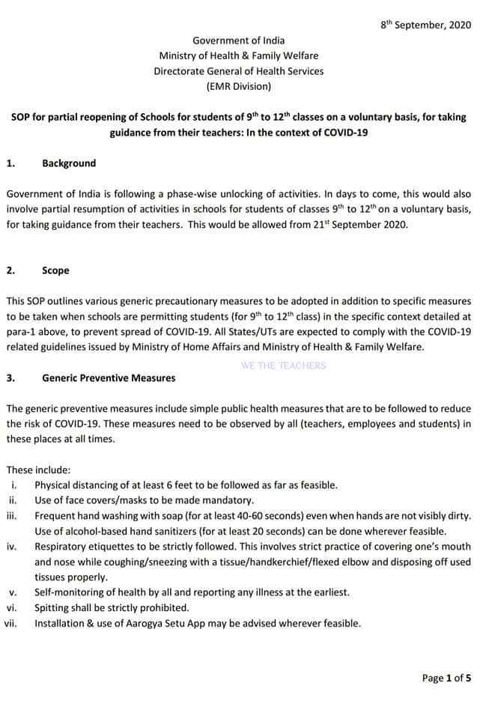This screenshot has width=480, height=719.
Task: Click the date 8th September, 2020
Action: click(425, 24)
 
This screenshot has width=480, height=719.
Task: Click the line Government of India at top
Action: click(239, 40)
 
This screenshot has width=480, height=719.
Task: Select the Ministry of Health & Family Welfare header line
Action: click(239, 55)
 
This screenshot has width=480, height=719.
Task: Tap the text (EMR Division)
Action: click(239, 86)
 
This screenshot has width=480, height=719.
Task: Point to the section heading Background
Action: click(69, 163)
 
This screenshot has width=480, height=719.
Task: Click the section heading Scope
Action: click(55, 270)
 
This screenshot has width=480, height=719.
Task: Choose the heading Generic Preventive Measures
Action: click(109, 378)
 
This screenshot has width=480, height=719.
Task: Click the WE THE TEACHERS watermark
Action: click(283, 365)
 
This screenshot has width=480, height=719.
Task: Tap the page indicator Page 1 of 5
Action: click(447, 678)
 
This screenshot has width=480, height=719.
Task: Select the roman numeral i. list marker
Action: click(15, 485)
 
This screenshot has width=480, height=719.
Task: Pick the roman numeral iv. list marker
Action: click(13, 547)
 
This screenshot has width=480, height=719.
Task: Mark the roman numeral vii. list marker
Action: click(11, 623)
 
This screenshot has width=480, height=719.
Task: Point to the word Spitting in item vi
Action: click(53, 607)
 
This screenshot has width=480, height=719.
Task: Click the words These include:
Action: click(38, 470)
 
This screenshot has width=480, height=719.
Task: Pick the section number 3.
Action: click(10, 378)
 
